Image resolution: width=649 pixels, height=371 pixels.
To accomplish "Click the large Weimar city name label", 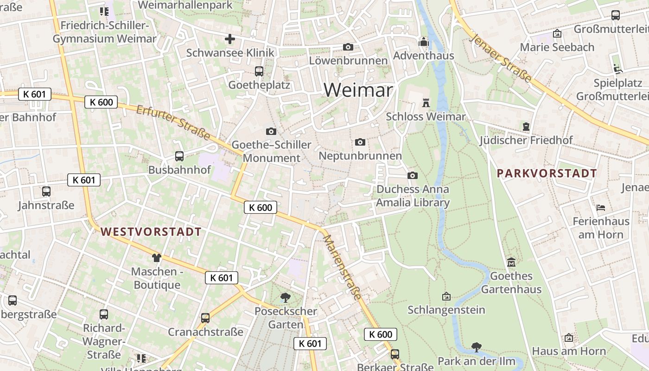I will tap(358, 90).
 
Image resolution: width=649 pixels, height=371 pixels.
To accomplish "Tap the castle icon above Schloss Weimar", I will tap(426, 102).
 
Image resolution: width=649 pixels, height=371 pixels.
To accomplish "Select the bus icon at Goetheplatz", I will tap(259, 71).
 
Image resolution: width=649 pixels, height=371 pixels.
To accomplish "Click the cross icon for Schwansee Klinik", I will tap(230, 39).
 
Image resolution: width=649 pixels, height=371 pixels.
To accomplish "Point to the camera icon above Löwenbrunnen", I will tap(348, 47).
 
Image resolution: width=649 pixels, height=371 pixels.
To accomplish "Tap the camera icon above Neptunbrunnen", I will tap(360, 142).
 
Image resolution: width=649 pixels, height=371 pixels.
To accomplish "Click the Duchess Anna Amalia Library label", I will tap(413, 196).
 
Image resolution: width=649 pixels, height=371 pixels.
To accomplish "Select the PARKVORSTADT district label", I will tap(547, 173).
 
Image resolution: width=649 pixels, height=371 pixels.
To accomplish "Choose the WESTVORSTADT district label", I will tap(151, 232).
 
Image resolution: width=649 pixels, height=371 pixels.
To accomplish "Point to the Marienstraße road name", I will tap(342, 267).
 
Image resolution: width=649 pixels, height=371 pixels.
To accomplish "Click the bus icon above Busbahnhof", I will tap(179, 156).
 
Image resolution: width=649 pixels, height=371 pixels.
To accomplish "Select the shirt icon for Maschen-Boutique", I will tap(156, 257).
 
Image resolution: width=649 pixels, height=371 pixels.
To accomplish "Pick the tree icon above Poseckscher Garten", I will tap(286, 297).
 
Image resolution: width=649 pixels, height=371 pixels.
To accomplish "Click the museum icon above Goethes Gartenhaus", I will tap(511, 262).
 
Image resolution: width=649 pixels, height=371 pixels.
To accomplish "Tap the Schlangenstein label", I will tap(446, 309).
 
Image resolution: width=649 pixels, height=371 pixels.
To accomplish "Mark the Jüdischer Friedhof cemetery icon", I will tap(526, 126).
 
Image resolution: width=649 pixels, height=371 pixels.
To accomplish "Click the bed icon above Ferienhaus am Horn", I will tap(601, 207).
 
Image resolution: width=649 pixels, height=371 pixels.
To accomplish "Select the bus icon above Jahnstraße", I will tap(46, 191).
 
